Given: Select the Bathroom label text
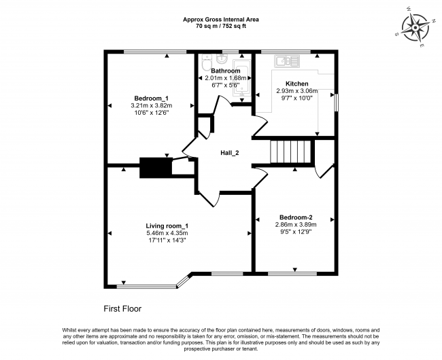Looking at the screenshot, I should [x=225, y=71].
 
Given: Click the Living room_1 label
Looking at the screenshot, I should [x=167, y=226].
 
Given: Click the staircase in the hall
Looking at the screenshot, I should [x=290, y=151].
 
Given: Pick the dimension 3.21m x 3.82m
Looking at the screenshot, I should [x=152, y=105].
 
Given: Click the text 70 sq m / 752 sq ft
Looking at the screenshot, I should [x=221, y=26].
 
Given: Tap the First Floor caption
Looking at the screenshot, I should [x=122, y=308].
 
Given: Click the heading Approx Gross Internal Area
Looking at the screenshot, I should [x=221, y=20].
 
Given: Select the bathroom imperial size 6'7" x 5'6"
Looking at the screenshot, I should [x=225, y=85].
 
